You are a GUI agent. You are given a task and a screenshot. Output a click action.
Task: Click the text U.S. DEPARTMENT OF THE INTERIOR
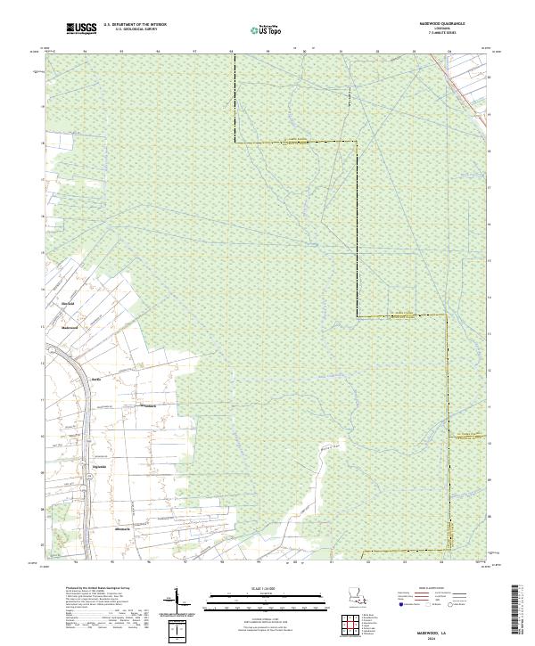pos(136,25)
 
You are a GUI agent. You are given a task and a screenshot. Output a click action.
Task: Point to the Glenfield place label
pos(67,304)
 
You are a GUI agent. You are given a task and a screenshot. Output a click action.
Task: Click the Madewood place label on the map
pos(70,327)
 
